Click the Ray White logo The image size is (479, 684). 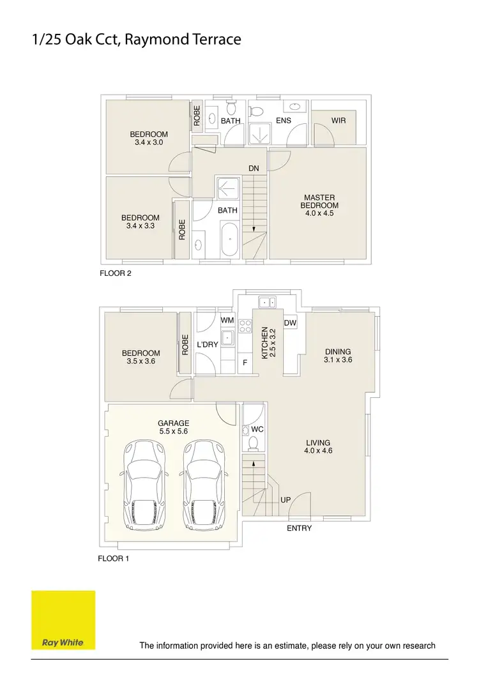point(63,620)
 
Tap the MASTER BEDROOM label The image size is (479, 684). point(319,205)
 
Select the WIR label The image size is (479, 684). point(338,120)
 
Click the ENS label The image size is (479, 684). point(284,120)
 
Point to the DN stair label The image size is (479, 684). point(254,169)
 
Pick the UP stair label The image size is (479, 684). point(286,499)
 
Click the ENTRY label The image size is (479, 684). point(299,528)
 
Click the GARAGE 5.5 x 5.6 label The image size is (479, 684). point(174,427)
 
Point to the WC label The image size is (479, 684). point(257,430)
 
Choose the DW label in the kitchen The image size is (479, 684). point(290,323)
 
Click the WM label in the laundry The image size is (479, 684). point(227,320)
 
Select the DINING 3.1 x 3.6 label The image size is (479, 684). point(338,356)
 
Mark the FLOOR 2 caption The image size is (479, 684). point(116,273)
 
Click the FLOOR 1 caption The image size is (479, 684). point(113,558)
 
